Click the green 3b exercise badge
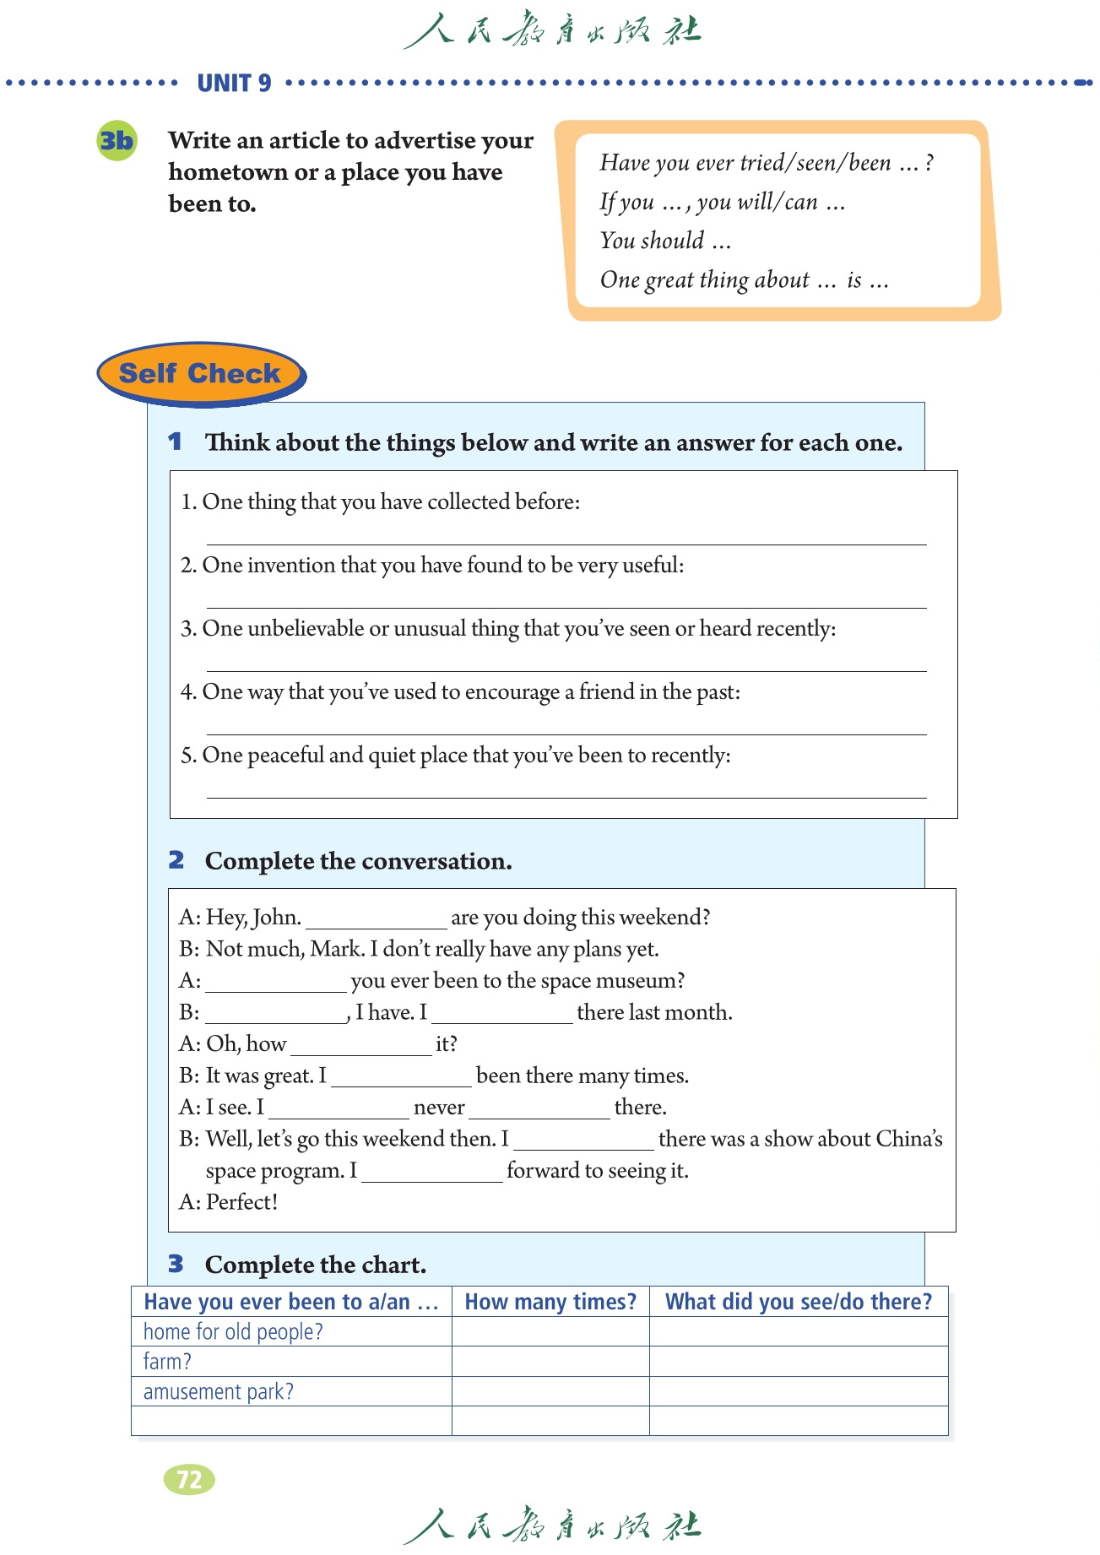coord(117,140)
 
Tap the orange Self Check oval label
coord(200,373)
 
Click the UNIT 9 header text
coord(234,83)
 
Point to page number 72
coord(189,1479)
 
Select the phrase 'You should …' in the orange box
coord(665,241)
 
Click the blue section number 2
coord(176,859)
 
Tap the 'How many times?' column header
coord(550,1302)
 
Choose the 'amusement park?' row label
coord(218,1391)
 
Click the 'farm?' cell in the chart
coord(167,1361)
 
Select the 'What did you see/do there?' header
coord(799,1302)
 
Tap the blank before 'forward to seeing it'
coord(431,1173)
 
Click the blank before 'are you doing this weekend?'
coord(376,919)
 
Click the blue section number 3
coord(176,1264)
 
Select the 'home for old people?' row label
coord(233,1331)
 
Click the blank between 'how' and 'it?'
coord(360,1046)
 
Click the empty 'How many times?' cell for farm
coord(550,1361)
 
